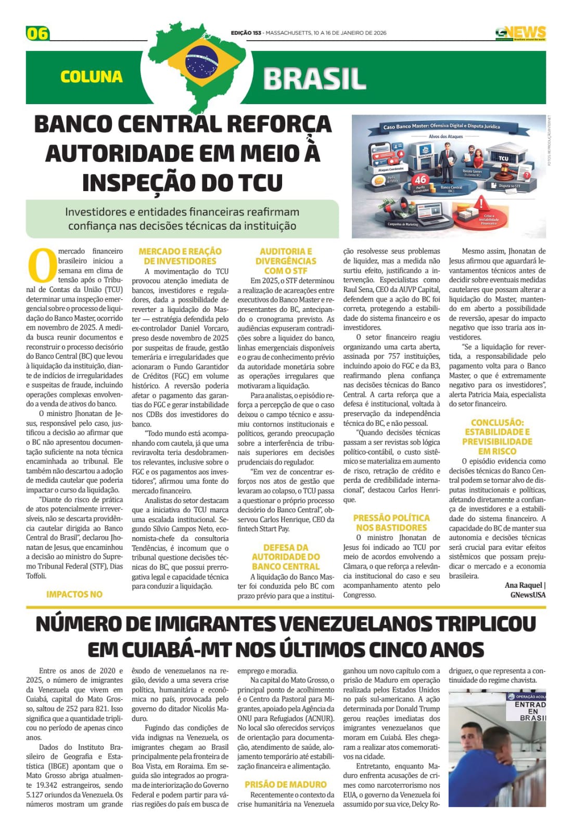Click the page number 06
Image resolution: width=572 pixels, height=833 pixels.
pos(37,33)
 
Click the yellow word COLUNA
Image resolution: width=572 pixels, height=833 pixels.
pos(92,77)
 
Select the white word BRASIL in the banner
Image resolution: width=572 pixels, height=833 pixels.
pos(314,79)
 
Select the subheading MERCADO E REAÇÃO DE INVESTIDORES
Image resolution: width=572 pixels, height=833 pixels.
pos(180,256)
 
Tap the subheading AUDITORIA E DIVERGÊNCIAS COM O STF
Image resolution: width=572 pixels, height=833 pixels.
pos(286,261)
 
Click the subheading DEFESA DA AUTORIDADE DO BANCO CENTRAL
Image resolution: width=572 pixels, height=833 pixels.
pos(286,557)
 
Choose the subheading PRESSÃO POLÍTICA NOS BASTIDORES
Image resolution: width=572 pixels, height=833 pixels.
pos(391,522)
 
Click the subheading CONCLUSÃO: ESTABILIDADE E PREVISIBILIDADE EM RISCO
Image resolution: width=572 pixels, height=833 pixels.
pos(497,437)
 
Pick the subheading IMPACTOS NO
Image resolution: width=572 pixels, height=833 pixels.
pos(74,594)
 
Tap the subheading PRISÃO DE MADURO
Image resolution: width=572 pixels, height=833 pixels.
pos(286,784)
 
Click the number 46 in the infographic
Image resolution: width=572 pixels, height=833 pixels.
pos(420,180)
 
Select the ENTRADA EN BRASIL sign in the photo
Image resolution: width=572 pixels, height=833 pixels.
pos(530,711)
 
